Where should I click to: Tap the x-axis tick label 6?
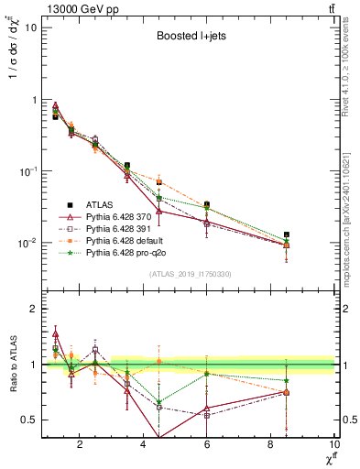coord(207,445)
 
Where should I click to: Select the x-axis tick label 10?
coord(333,445)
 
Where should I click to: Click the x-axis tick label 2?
coord(80,445)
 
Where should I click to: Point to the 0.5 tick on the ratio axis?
coord(28,420)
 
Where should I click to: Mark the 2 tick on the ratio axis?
coord(34,309)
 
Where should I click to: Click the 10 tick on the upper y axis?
coord(30,27)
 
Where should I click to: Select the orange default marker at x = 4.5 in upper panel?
coord(159,182)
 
